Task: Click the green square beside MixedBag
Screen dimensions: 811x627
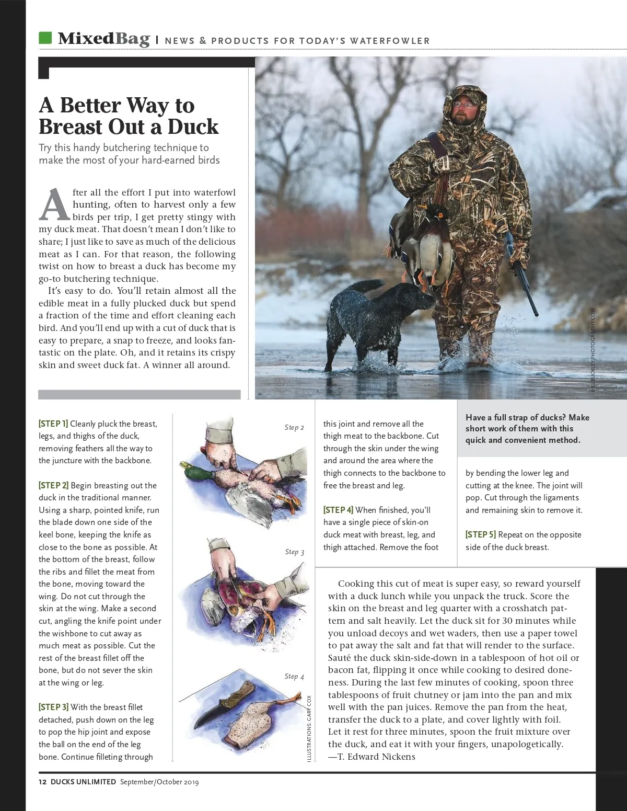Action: pos(45,38)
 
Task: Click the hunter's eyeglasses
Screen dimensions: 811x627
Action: pos(465,104)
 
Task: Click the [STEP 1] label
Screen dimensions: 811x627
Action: pos(53,424)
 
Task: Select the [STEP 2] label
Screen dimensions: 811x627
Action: pos(53,486)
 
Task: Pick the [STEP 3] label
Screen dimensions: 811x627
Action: pos(53,707)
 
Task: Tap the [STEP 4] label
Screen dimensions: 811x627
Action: pos(338,510)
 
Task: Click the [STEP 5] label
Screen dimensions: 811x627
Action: pos(481,535)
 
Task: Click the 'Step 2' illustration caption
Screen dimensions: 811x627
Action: pos(294,428)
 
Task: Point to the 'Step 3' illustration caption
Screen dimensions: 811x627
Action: pos(295,552)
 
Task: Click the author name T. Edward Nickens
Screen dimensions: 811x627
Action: pos(371,757)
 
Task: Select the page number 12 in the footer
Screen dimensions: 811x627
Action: pos(43,782)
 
